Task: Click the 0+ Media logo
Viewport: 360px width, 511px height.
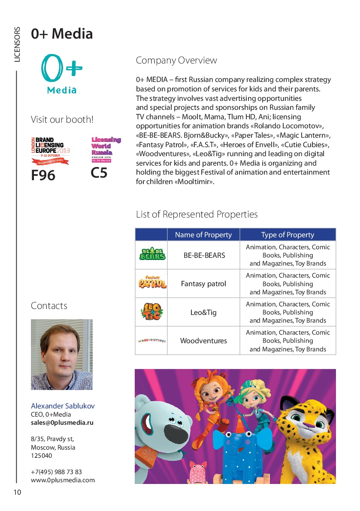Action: coord(62,74)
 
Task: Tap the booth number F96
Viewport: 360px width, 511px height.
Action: coord(43,175)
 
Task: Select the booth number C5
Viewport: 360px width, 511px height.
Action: coord(99,173)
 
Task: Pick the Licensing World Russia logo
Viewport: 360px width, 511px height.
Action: coord(106,149)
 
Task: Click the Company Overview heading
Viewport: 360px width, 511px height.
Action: coord(176,60)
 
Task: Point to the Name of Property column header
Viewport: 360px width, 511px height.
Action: coord(203,235)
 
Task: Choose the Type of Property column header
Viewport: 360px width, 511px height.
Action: coord(287,235)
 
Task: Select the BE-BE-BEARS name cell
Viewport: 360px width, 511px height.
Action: coord(204,255)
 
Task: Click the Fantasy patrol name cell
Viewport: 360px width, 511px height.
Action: coord(203,284)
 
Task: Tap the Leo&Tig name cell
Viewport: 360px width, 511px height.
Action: coord(203,312)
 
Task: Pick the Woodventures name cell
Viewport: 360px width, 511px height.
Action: coord(203,341)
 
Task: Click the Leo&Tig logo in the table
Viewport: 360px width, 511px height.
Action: coord(151,312)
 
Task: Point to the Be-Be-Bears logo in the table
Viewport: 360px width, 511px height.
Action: coord(151,255)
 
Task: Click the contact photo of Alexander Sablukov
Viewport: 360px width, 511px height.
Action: coord(62,354)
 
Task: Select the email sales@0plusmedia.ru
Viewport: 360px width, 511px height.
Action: coord(62,423)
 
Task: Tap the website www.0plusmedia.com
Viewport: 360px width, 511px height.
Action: coord(63,480)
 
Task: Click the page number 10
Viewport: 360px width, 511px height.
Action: coord(17,492)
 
